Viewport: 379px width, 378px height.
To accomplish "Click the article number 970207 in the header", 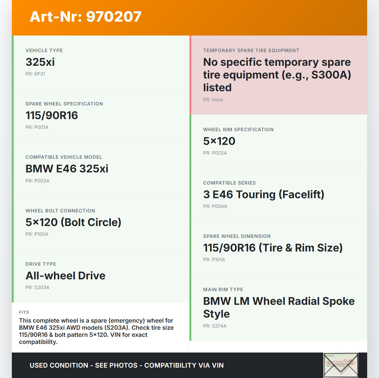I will click(x=114, y=17).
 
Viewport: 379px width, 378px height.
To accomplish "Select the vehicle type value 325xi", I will click(x=40, y=62).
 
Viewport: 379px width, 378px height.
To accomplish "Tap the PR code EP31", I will click(x=40, y=74).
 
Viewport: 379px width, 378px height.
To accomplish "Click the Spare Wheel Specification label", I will click(x=64, y=104).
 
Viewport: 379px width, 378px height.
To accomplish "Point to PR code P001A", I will click(x=41, y=127).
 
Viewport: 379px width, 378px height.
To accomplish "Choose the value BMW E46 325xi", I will click(x=67, y=169).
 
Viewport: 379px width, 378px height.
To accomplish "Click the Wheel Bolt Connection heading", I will click(x=60, y=211).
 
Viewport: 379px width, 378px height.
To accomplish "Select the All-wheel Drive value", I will click(x=65, y=276).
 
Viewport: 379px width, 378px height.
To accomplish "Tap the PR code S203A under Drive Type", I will click(x=42, y=288).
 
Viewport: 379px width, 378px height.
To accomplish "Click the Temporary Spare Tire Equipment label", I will click(x=251, y=51).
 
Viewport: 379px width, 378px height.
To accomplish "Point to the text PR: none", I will click(x=213, y=100).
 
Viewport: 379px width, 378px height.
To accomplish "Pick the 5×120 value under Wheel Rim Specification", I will click(x=219, y=141).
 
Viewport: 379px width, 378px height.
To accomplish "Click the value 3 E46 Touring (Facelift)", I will click(x=264, y=195).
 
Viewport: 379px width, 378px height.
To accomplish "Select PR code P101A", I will click(x=218, y=260).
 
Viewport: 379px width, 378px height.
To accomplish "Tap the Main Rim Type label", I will click(x=223, y=290).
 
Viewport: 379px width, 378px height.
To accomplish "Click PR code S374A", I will click(x=219, y=326).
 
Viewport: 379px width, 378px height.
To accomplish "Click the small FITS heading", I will click(x=24, y=312).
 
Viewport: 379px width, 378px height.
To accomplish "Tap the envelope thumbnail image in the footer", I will click(x=341, y=365).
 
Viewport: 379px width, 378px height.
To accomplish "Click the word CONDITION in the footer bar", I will click(x=69, y=366).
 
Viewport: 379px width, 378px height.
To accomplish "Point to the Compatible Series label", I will click(x=229, y=183).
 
